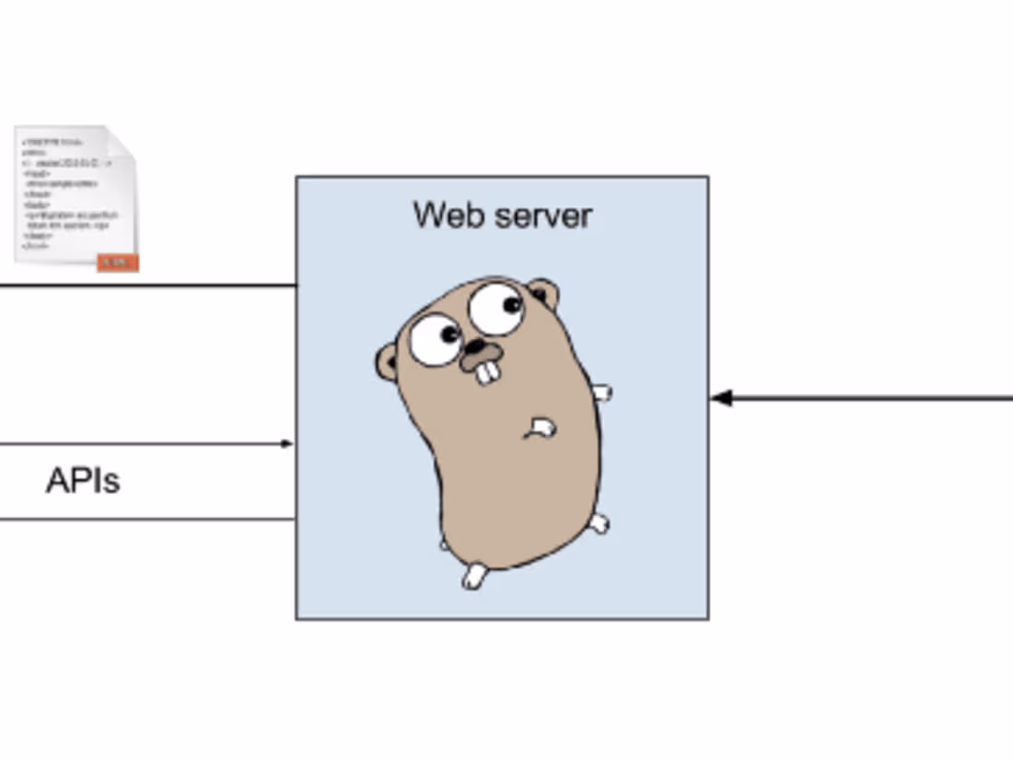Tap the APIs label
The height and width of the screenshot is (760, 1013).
[83, 481]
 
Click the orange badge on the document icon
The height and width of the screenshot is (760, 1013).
[117, 263]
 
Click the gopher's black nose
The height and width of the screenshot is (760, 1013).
[476, 347]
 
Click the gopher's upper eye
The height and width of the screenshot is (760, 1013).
[496, 309]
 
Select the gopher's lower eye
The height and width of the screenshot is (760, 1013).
[435, 339]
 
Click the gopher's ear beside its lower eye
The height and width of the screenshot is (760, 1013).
[387, 362]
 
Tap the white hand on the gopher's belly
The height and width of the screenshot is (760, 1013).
[541, 427]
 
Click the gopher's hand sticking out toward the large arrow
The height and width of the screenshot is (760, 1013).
[601, 393]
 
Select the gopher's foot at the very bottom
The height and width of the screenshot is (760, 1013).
[473, 577]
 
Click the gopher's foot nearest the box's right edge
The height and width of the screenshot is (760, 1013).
[599, 524]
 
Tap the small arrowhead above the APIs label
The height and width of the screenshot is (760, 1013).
[286, 444]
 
